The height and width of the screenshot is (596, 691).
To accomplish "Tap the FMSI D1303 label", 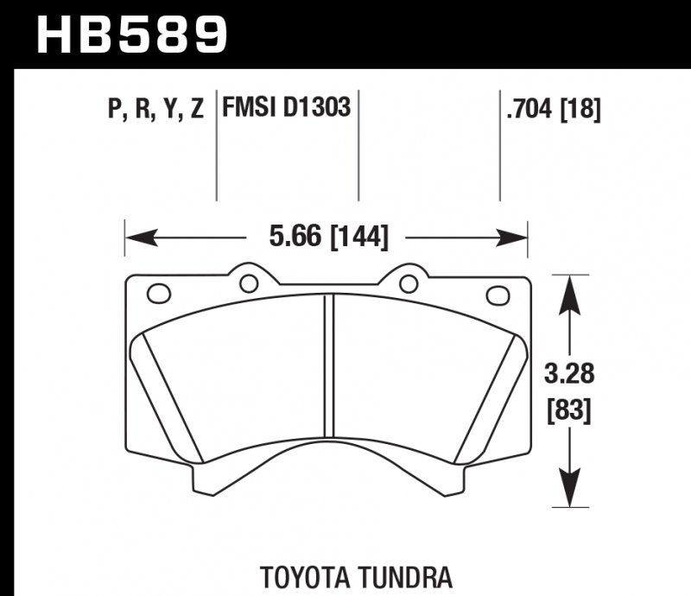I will pyautogui.click(x=286, y=109).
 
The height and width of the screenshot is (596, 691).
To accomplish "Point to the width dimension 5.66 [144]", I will pyautogui.click(x=327, y=236).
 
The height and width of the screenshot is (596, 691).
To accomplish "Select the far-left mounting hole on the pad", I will pyautogui.click(x=159, y=294).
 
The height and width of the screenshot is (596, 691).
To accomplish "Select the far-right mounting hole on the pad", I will pyautogui.click(x=498, y=295).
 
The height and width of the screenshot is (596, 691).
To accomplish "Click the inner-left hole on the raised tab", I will pyautogui.click(x=249, y=282).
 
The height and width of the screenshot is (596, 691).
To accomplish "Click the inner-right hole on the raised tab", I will pyautogui.click(x=408, y=282).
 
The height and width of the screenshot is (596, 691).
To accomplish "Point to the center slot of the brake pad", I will pyautogui.click(x=328, y=363).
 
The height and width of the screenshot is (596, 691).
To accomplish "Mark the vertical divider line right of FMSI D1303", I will pyautogui.click(x=358, y=147).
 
